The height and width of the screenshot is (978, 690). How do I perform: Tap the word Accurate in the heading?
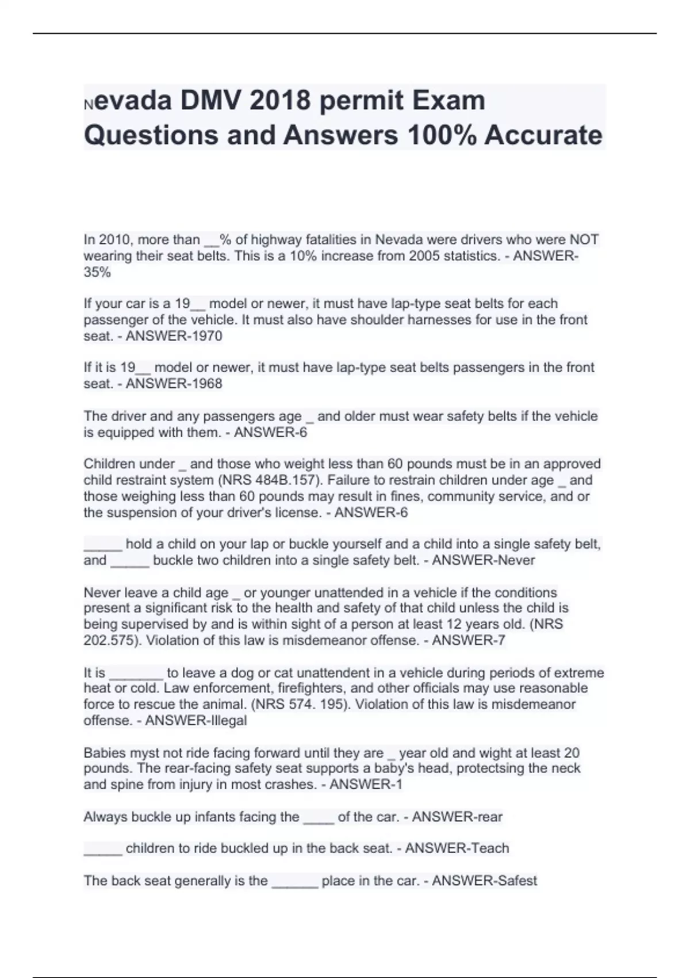pyautogui.click(x=543, y=135)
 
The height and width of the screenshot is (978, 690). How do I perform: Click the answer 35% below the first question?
pyautogui.click(x=97, y=272)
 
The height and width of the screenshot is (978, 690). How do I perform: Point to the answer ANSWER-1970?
pyautogui.click(x=174, y=336)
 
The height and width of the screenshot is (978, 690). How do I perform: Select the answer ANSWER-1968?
pyautogui.click(x=174, y=384)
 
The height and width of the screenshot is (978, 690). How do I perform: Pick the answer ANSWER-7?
pyautogui.click(x=468, y=640)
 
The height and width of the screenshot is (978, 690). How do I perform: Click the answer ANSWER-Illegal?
pyautogui.click(x=195, y=720)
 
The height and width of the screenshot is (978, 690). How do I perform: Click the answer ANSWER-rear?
pyautogui.click(x=457, y=817)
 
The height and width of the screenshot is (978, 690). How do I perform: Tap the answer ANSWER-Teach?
pyautogui.click(x=457, y=849)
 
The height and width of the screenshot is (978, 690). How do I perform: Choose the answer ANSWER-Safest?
pyautogui.click(x=484, y=881)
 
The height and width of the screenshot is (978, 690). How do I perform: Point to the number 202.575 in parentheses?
pyautogui.click(x=108, y=640)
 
